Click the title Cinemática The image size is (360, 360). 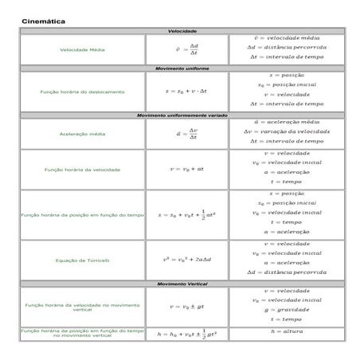pos(44,20)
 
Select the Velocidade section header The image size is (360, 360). pos(182,31)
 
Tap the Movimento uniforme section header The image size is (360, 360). pos(182,69)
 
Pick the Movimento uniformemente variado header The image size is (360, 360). pos(182,115)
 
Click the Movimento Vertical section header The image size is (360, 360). pos(182,283)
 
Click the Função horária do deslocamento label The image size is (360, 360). pos(83,92)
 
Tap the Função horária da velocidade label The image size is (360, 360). pos(83,170)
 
